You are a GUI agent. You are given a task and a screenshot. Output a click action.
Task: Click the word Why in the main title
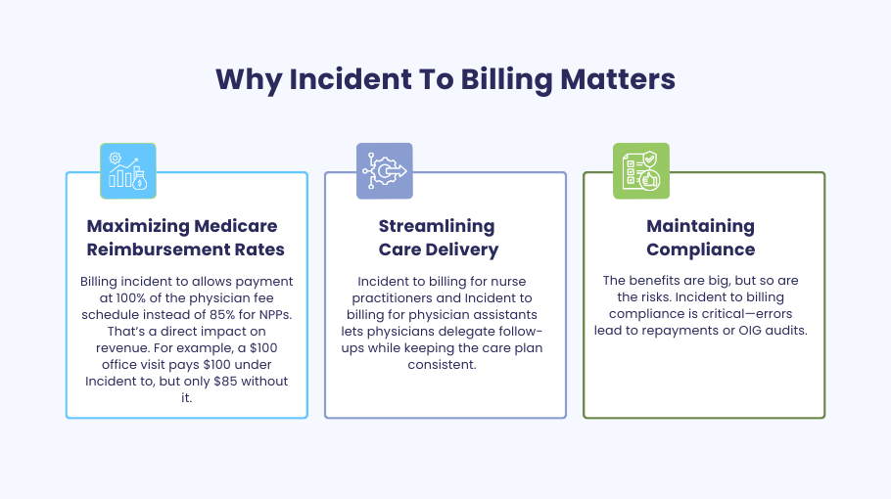tap(249, 79)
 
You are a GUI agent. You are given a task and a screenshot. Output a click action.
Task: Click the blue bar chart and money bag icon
tap(128, 171)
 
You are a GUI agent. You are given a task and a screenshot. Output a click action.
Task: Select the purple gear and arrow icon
tap(385, 171)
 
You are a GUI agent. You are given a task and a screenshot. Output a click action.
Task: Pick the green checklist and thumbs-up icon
tap(641, 171)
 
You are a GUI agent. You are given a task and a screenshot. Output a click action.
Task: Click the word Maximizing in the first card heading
tap(138, 227)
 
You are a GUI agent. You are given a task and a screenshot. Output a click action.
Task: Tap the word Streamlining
tap(437, 227)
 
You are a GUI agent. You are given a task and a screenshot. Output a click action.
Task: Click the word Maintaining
tap(700, 227)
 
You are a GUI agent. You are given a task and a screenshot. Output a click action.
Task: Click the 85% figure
tap(238, 314)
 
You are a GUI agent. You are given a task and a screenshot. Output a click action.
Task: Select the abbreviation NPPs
tap(274, 314)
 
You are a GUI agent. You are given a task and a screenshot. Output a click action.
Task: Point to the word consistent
tap(442, 364)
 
